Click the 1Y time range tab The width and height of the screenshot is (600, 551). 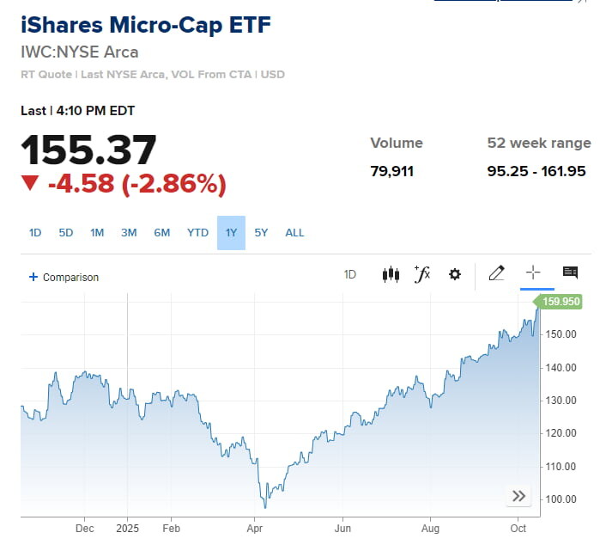coord(231,233)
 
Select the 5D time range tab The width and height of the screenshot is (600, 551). coord(66,233)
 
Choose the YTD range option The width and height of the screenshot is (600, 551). coord(197,233)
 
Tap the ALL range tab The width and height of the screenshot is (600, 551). coord(294,233)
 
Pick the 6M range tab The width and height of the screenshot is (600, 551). coord(161,233)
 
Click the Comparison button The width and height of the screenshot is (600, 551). coord(64,278)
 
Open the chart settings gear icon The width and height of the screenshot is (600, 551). coord(455,274)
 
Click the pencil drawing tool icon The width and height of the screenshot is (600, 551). coord(496,273)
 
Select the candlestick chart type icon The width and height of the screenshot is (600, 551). coord(391,274)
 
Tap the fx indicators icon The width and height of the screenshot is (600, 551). coord(421,274)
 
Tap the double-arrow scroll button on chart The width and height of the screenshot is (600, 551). coord(518,496)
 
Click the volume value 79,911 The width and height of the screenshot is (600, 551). coord(391,171)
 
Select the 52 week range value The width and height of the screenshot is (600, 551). coord(536,171)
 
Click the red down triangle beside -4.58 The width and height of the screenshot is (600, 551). coord(31,183)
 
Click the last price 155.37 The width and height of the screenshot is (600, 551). coord(89,150)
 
